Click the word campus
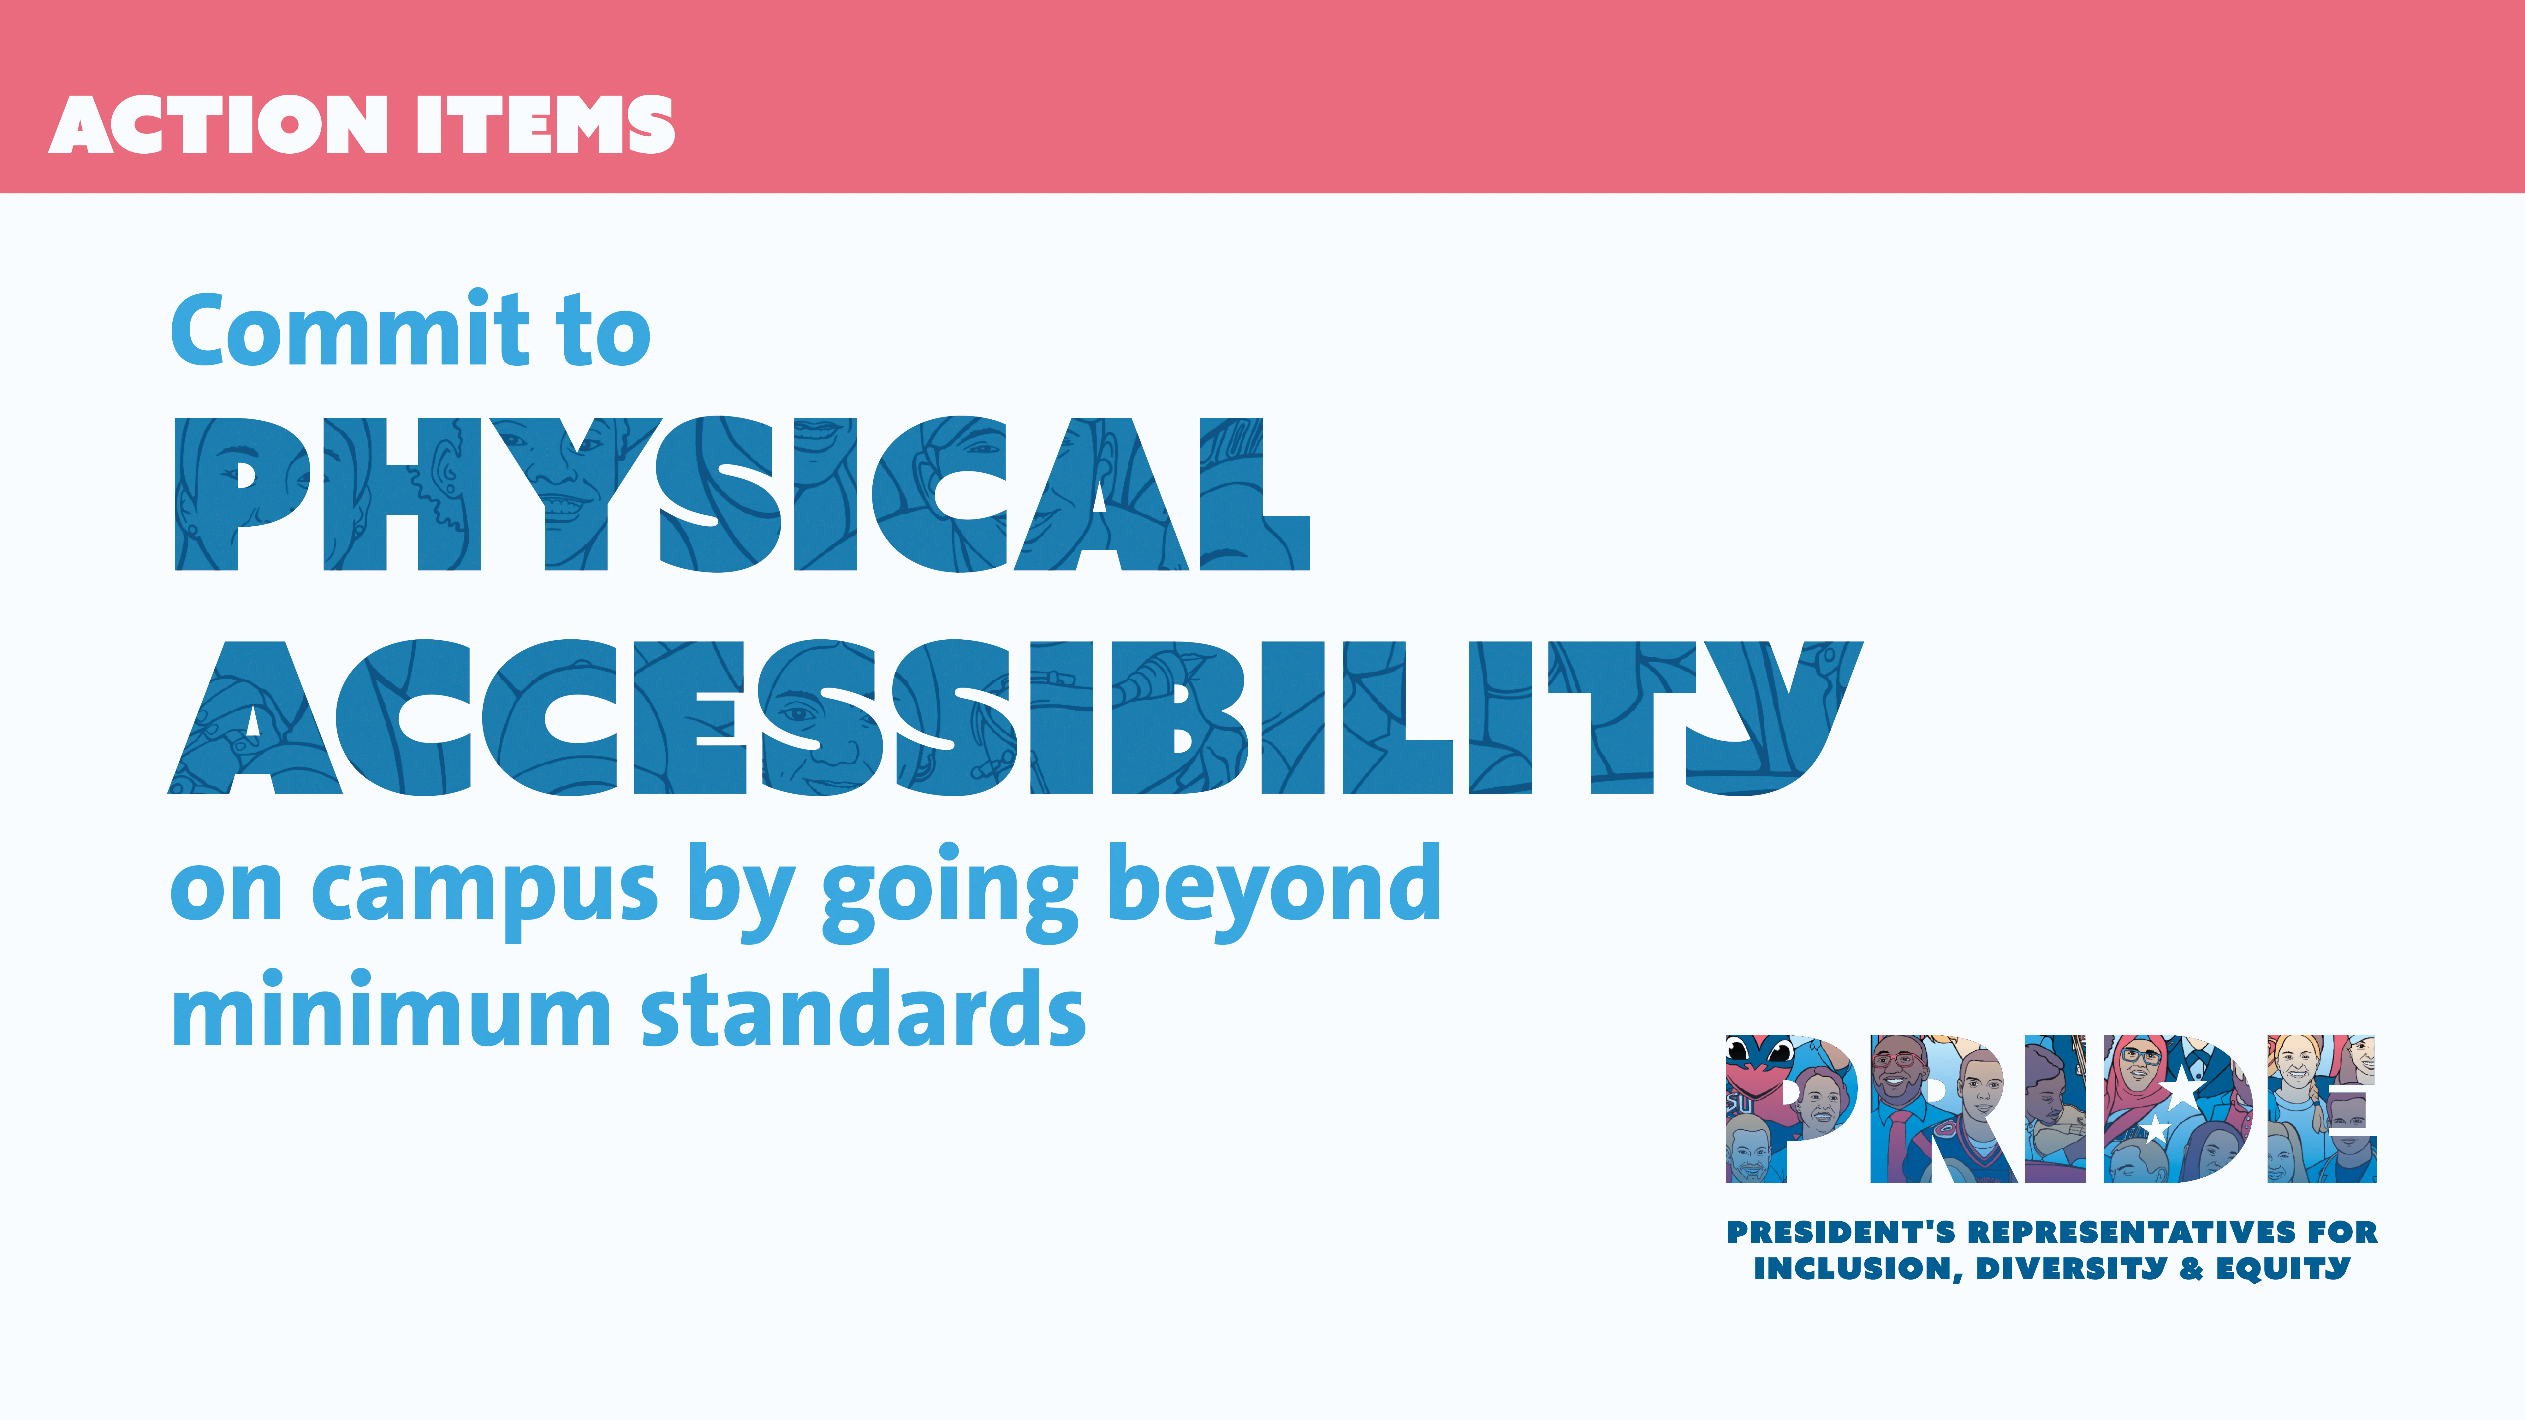(484, 893)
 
